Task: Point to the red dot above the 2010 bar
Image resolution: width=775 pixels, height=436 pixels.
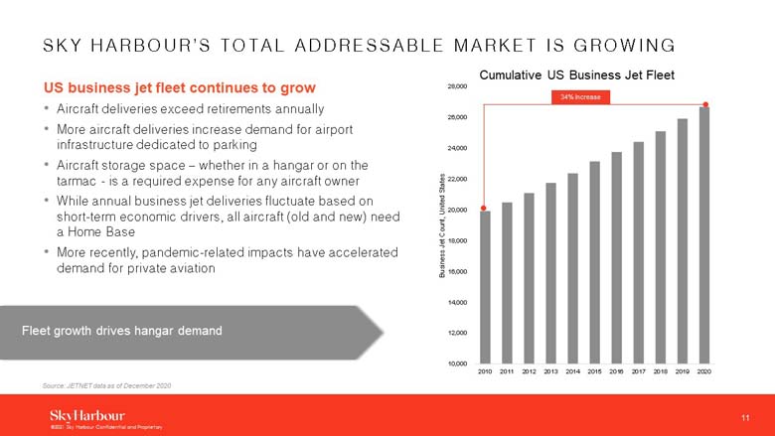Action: [484, 209]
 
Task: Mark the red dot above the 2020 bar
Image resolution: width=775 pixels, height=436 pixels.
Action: [705, 104]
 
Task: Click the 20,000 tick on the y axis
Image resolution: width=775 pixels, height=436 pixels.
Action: [457, 210]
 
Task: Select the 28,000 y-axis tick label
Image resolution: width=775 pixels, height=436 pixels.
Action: [457, 86]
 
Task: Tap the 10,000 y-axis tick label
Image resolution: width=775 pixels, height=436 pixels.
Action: [457, 363]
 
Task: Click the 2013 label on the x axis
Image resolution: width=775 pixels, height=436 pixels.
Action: [550, 371]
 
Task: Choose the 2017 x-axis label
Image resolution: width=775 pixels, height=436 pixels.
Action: [639, 371]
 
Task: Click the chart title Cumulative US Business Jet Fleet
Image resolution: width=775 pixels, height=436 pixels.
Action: [577, 74]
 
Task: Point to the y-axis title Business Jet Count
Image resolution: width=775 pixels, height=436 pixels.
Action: [441, 226]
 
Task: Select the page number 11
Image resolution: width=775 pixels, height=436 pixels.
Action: [745, 415]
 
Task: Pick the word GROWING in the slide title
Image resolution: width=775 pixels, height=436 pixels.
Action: [620, 45]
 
